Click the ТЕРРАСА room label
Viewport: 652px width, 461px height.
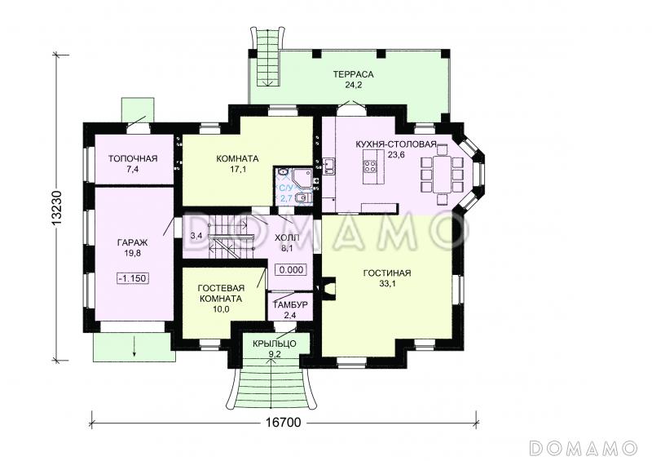click(x=353, y=74)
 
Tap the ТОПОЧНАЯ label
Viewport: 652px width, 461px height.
click(x=133, y=158)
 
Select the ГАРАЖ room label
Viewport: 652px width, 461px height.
click(x=132, y=242)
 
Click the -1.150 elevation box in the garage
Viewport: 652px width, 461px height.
click(x=133, y=277)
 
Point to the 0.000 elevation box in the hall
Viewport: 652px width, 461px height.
click(x=291, y=269)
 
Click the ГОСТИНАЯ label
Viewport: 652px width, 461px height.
click(x=386, y=273)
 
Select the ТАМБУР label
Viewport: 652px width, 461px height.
click(x=290, y=304)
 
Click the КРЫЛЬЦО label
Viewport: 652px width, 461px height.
click(x=274, y=344)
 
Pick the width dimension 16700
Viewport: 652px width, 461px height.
click(x=283, y=423)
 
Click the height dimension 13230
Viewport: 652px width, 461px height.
click(x=57, y=207)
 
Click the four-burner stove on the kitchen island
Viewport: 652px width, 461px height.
click(x=370, y=166)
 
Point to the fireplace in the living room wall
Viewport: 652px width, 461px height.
click(x=327, y=288)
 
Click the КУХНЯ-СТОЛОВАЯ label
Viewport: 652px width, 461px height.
click(x=395, y=144)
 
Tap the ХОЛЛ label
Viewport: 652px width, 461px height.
click(x=287, y=237)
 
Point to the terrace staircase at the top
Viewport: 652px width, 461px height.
click(x=267, y=57)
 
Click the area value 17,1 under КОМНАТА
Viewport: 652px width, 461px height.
click(x=237, y=169)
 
